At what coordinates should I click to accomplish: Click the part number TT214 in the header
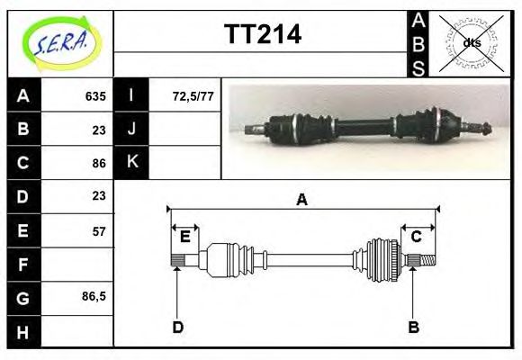click(x=262, y=35)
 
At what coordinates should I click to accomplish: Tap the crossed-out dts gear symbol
click(x=471, y=42)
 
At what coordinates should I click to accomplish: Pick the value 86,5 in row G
click(x=94, y=297)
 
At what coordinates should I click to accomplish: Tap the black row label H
click(x=23, y=332)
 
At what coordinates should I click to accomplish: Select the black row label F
click(x=23, y=265)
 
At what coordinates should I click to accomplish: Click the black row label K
click(x=132, y=163)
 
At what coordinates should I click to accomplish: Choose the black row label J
click(x=132, y=129)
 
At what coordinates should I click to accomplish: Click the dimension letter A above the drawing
click(x=301, y=200)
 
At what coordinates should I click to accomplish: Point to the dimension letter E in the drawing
click(x=184, y=237)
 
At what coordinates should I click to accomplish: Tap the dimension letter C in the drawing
click(x=417, y=237)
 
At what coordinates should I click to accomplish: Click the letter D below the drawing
click(x=177, y=327)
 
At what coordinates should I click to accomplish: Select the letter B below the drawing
click(x=414, y=327)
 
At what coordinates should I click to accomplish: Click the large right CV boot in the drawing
click(x=382, y=260)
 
